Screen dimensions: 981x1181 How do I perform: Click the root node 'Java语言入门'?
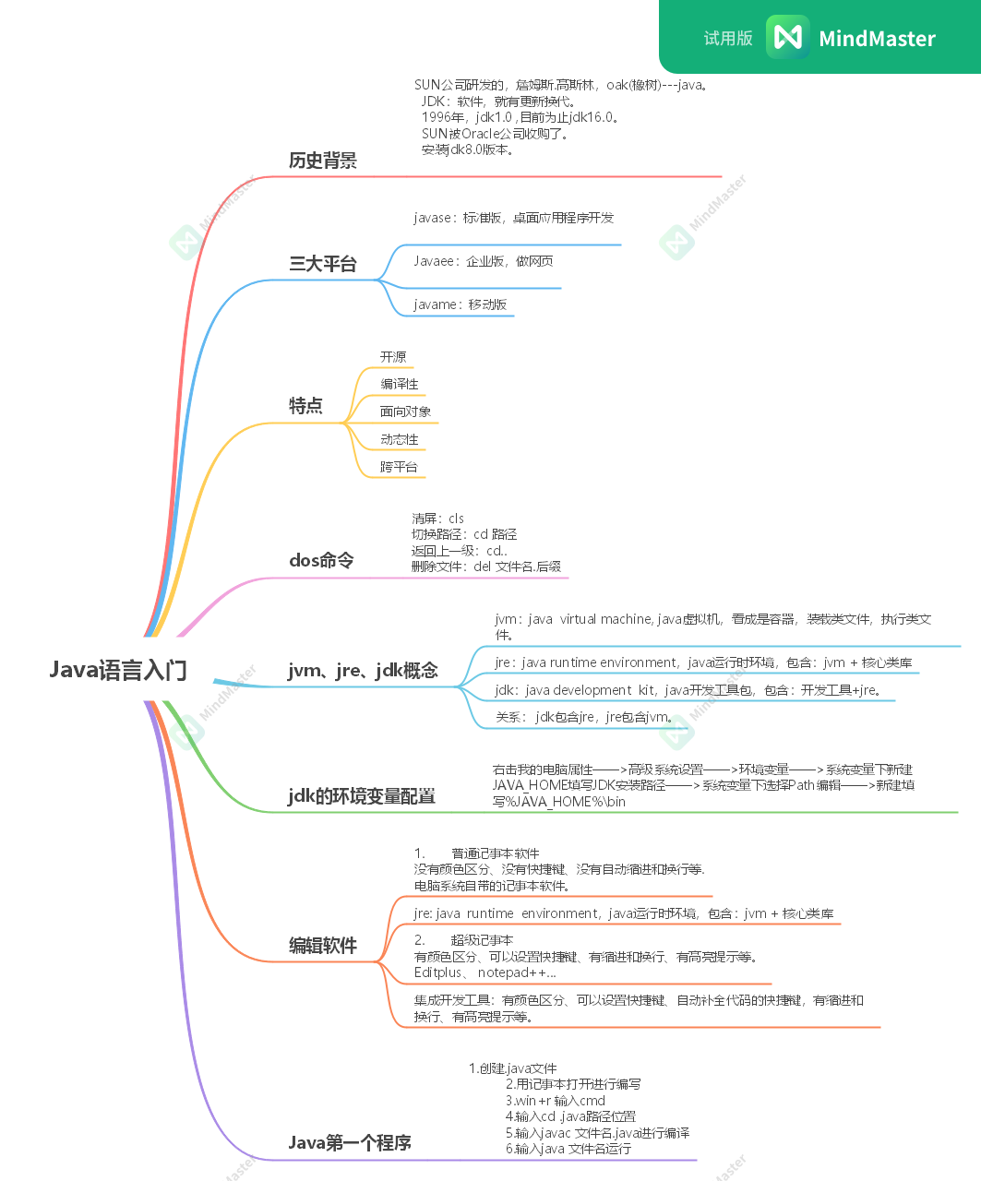point(118,670)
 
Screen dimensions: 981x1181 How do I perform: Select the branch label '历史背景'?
point(322,161)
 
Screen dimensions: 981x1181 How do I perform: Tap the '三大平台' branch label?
point(322,264)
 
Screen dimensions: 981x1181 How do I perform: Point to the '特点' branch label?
point(305,406)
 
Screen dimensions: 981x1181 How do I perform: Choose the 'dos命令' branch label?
point(320,560)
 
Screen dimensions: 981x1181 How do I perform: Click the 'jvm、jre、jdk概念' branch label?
point(363,671)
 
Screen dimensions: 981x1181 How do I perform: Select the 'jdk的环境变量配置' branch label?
point(362,796)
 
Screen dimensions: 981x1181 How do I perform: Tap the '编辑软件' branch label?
point(322,946)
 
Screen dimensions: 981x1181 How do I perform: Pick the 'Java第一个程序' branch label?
point(350,1142)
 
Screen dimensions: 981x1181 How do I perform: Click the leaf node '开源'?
point(393,357)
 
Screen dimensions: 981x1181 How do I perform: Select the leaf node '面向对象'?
point(405,412)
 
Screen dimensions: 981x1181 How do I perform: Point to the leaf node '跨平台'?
point(399,467)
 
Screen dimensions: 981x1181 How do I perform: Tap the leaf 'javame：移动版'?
point(460,304)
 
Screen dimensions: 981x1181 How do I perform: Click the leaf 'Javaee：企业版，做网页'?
point(483,261)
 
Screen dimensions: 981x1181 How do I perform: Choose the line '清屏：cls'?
point(437,519)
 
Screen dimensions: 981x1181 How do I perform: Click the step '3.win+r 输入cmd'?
point(555,1101)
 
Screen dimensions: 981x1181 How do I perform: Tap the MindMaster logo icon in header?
point(787,37)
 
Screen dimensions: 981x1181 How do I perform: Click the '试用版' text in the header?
point(728,38)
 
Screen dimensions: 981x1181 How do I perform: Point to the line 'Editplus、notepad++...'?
point(485,972)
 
